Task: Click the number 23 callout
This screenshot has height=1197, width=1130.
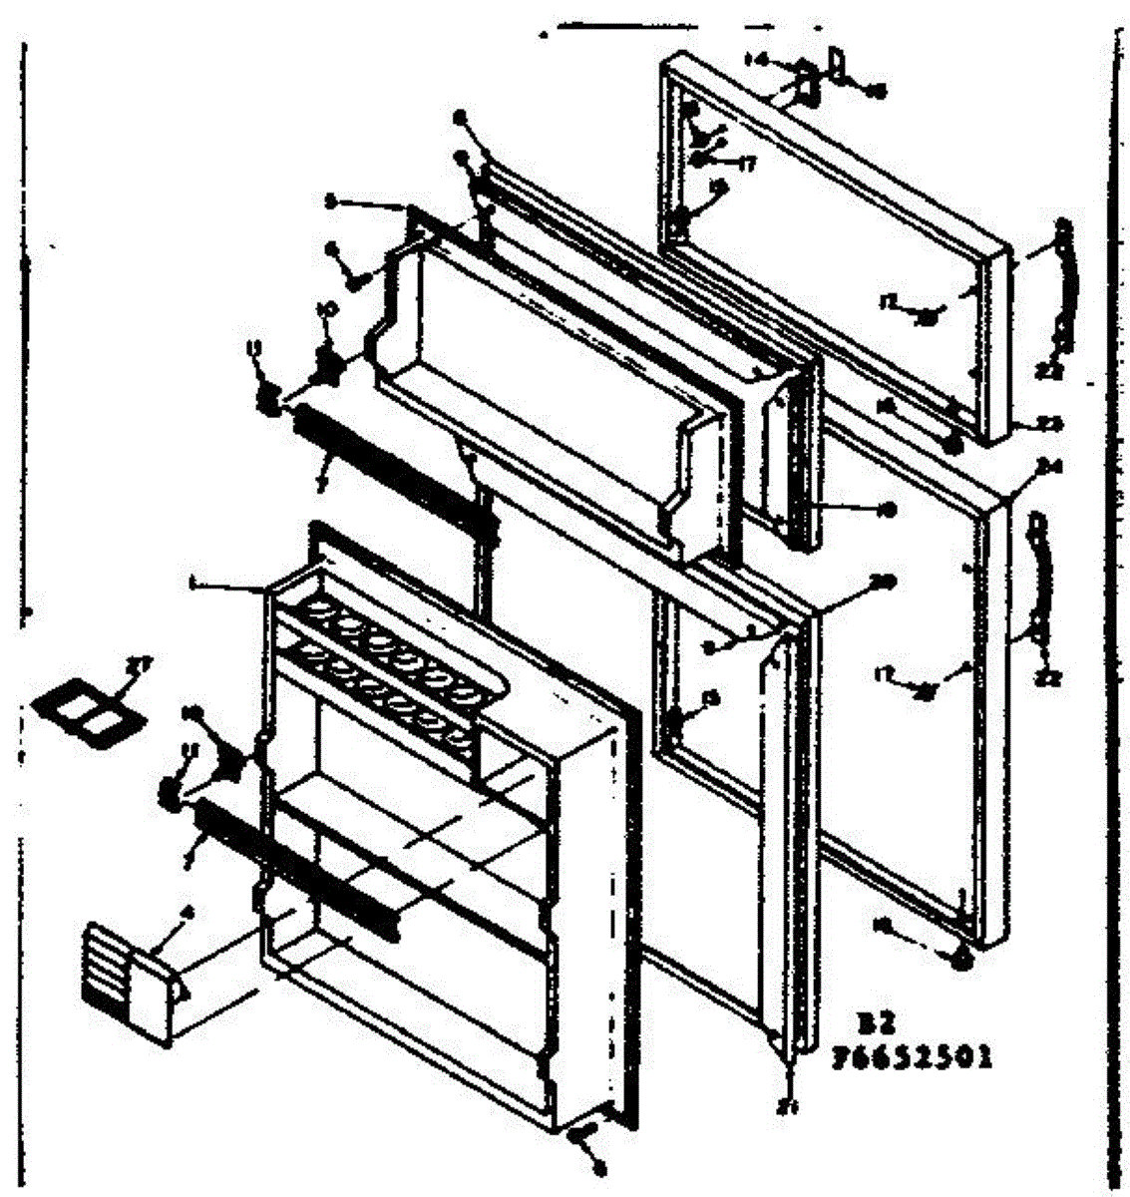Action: pos(1050,423)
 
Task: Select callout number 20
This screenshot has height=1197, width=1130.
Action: pos(882,582)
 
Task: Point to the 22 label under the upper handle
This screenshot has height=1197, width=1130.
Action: pos(1055,371)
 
